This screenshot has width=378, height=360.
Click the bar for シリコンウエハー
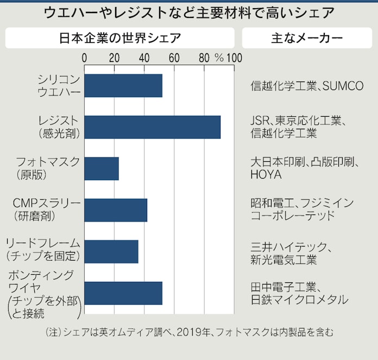(x=123, y=85)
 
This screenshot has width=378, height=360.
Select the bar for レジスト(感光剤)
(x=153, y=127)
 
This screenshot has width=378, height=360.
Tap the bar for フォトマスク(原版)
(x=102, y=168)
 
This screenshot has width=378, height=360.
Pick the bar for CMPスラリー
(x=116, y=210)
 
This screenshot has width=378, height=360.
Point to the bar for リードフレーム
(x=111, y=251)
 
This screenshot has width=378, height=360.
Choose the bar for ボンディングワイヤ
(x=123, y=293)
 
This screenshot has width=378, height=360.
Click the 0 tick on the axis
(x=85, y=58)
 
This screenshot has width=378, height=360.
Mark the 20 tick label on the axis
(x=114, y=58)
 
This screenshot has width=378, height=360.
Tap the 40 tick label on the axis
(x=144, y=58)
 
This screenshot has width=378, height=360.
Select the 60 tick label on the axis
(x=174, y=58)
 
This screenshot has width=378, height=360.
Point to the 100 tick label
(x=235, y=58)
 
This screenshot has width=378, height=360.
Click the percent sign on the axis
(x=219, y=58)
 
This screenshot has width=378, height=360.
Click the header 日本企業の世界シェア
(x=119, y=38)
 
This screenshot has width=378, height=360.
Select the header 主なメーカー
(x=307, y=38)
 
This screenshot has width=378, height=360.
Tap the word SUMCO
(x=343, y=86)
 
